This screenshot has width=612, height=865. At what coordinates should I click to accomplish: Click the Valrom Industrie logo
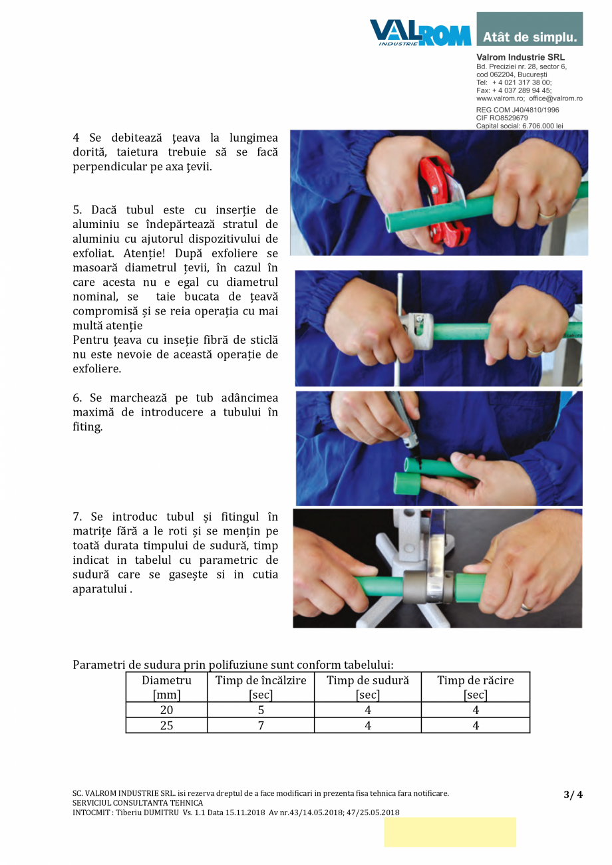(420, 32)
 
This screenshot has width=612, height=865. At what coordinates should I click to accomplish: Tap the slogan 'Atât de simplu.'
(530, 37)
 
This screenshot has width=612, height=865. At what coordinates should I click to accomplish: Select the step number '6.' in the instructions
(78, 398)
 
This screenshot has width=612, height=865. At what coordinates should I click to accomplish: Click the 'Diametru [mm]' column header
(166, 687)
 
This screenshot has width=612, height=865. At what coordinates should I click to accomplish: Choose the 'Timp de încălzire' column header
(261, 687)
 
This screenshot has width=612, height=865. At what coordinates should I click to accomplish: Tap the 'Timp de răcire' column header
(475, 687)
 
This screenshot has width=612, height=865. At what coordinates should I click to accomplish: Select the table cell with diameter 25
(166, 725)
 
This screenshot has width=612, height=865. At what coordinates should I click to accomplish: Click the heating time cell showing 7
(261, 725)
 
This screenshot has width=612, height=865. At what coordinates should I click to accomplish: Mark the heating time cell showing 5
(261, 710)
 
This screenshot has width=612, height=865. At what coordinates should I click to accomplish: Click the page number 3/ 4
(572, 794)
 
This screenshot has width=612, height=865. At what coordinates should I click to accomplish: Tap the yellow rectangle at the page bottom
(450, 832)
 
